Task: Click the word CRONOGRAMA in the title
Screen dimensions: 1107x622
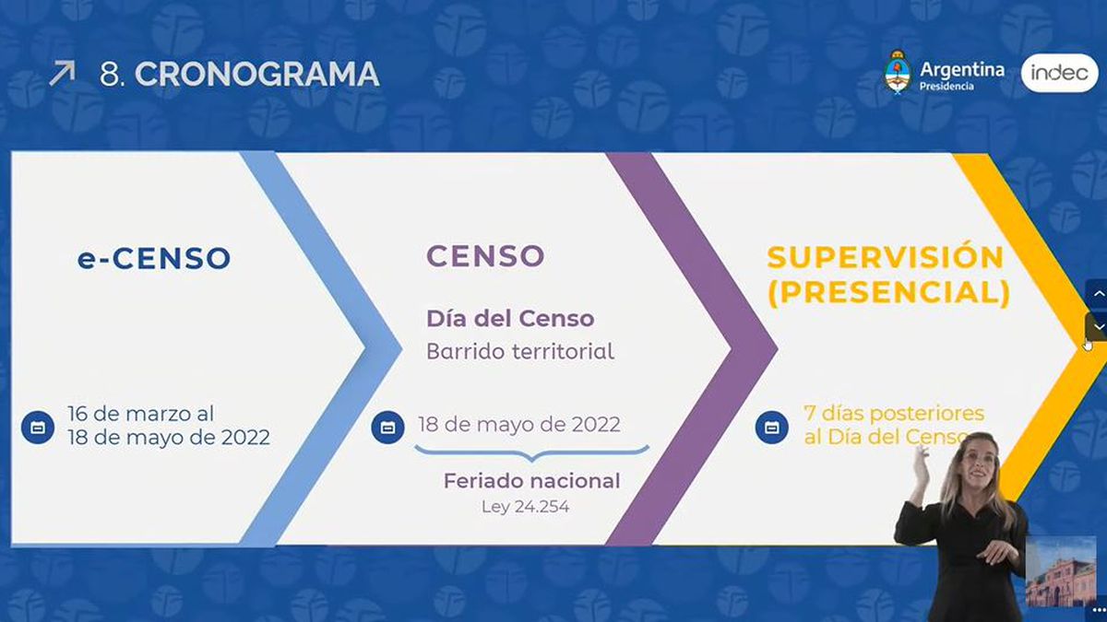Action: click(257, 75)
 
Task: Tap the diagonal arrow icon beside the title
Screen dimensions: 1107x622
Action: click(63, 73)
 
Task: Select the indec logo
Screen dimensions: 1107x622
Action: click(1060, 73)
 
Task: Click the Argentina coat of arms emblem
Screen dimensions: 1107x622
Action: click(898, 73)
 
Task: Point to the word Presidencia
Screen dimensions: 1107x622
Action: click(946, 87)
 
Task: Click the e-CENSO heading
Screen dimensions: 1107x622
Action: click(154, 258)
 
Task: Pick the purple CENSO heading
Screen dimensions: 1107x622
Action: click(485, 256)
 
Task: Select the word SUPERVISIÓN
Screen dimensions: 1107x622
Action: click(885, 257)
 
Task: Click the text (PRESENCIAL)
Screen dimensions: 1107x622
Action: click(888, 293)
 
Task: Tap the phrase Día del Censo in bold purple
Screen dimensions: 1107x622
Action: click(510, 319)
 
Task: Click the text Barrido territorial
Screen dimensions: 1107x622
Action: click(520, 351)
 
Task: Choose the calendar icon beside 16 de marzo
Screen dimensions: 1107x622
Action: click(38, 427)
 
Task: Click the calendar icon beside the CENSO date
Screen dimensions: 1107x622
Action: click(387, 428)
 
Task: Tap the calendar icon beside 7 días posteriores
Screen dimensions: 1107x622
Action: click(771, 427)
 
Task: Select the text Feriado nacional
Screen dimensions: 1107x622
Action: click(531, 481)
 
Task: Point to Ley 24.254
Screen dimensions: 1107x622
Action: click(525, 507)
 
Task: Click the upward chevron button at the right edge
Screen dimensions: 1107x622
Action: click(1097, 294)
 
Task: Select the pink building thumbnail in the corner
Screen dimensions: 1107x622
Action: click(1061, 571)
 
